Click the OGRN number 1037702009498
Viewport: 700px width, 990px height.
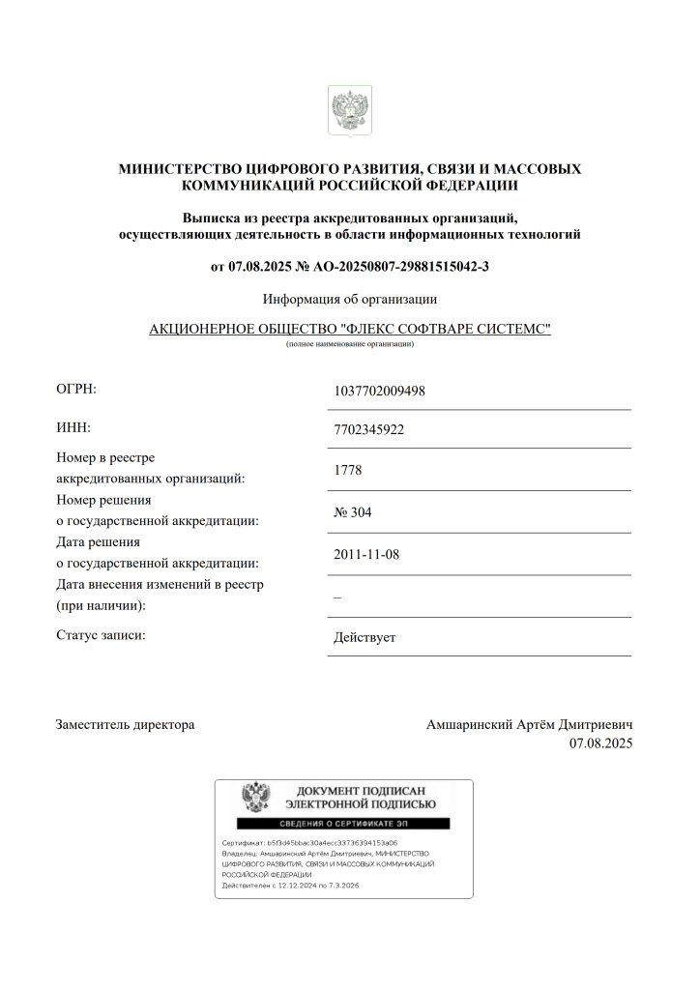(x=379, y=392)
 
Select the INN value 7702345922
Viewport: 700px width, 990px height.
(x=368, y=430)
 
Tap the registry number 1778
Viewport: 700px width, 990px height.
(x=348, y=471)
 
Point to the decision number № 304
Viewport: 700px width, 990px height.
(x=352, y=512)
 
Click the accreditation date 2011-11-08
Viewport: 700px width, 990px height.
(x=365, y=555)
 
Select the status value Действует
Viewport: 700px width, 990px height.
(x=365, y=638)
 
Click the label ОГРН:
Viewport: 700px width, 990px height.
(x=76, y=390)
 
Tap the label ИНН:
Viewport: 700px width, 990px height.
(x=73, y=427)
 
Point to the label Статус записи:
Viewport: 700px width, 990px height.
(x=101, y=635)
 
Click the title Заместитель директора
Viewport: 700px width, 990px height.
(x=125, y=724)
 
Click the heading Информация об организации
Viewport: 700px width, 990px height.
(x=349, y=299)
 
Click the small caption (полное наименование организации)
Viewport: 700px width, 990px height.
(x=349, y=345)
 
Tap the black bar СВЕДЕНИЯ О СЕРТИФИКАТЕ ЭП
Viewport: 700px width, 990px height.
(x=344, y=824)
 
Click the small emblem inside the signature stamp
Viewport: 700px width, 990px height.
(x=255, y=799)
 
